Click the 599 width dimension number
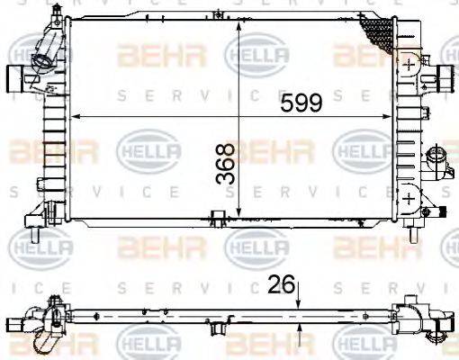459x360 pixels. [301, 103]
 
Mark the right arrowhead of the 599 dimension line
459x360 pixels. [392, 116]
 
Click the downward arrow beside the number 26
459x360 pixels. [300, 306]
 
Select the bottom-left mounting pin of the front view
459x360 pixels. [34, 236]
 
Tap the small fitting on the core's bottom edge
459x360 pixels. [216, 216]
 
